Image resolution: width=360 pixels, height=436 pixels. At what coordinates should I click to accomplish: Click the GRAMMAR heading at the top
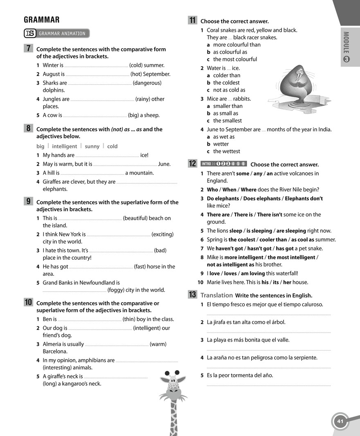pyautogui.click(x=42, y=20)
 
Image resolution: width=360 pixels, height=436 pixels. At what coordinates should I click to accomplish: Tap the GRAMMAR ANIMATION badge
pyautogui.click(x=57, y=34)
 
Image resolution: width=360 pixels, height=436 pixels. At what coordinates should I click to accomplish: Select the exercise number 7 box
pyautogui.click(x=29, y=48)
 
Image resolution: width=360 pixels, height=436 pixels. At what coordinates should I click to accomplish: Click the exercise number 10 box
pyautogui.click(x=29, y=303)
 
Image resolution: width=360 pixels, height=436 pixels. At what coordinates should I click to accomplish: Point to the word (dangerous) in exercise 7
pyautogui.click(x=147, y=83)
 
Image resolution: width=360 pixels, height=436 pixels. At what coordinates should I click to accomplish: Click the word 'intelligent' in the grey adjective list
pyautogui.click(x=64, y=146)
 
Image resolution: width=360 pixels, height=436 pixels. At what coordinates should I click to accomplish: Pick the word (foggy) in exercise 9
pyautogui.click(x=116, y=290)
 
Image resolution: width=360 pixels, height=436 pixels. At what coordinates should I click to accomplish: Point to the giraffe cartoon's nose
pyautogui.click(x=173, y=393)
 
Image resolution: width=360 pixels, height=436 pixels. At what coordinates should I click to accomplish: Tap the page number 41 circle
pyautogui.click(x=340, y=421)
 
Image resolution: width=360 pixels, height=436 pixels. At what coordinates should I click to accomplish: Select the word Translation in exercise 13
pyautogui.click(x=216, y=295)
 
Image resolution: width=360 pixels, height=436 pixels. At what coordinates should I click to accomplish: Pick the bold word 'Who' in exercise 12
pyautogui.click(x=212, y=190)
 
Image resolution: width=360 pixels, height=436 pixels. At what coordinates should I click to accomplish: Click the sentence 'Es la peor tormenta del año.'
pyautogui.click(x=240, y=375)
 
